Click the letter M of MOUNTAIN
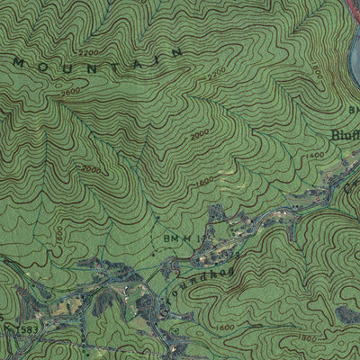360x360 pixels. pos(20,63)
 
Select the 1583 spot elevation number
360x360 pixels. pos(25,332)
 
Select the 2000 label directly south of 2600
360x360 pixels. pos(90,168)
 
